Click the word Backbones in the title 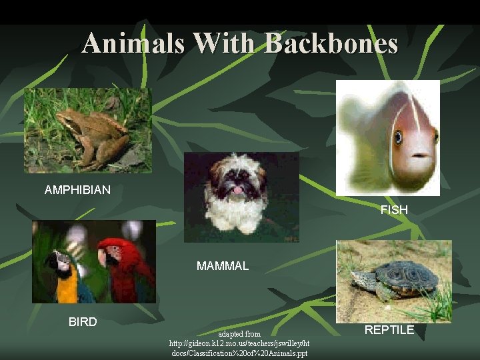(x=331, y=44)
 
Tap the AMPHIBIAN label (x=77, y=190)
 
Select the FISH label (x=394, y=210)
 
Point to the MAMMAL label (x=223, y=266)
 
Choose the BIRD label (x=83, y=322)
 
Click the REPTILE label (x=389, y=329)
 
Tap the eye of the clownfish (x=399, y=137)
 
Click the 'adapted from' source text (x=239, y=333)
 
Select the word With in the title (x=226, y=44)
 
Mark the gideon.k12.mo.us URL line (x=239, y=343)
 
